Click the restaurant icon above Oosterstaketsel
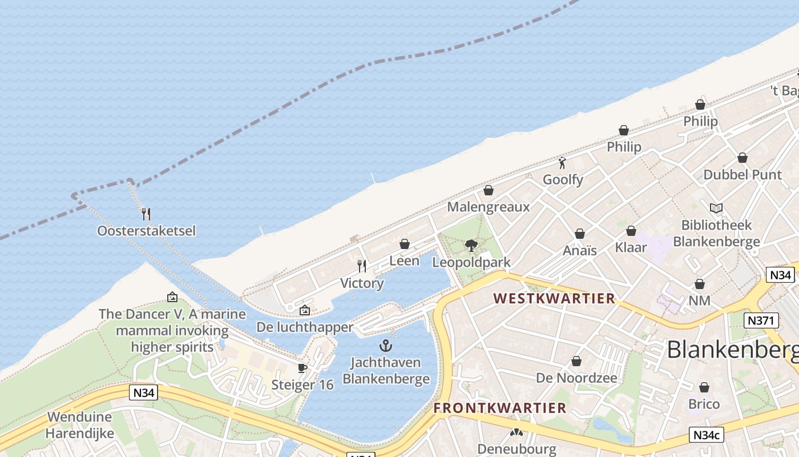(x=146, y=214)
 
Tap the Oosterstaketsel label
(x=146, y=231)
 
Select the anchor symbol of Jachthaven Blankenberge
(x=386, y=346)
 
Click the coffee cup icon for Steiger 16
(x=302, y=368)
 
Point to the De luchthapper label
(x=305, y=327)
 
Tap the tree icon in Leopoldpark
(x=471, y=246)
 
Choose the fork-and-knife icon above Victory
(x=362, y=266)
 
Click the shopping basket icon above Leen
(x=405, y=244)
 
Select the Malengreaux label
(x=488, y=207)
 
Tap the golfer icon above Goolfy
(x=562, y=163)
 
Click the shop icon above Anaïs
(x=580, y=234)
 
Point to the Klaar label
(x=631, y=247)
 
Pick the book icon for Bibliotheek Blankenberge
(x=716, y=209)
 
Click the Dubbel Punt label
(x=742, y=175)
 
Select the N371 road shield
(x=762, y=320)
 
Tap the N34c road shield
(x=706, y=435)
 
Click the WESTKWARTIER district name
(x=554, y=298)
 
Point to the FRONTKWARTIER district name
(x=500, y=408)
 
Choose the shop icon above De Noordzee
(x=576, y=362)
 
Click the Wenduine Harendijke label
(x=80, y=425)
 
